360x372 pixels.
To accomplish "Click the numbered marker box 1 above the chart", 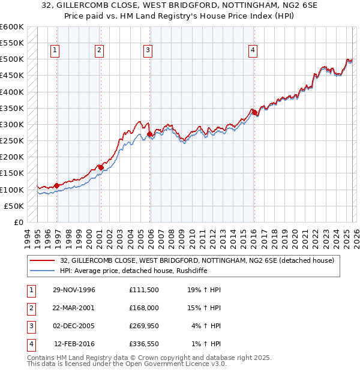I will [x=55, y=51].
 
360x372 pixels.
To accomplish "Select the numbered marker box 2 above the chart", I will [x=99, y=51].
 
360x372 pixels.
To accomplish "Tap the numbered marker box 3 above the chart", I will [x=148, y=51].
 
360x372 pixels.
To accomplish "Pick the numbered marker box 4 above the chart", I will [x=253, y=51].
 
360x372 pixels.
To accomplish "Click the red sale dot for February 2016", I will [x=254, y=112].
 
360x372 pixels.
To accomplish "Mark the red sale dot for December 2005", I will [x=149, y=134].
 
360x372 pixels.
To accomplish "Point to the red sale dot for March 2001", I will [x=100, y=167].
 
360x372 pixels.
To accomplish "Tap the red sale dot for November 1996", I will [x=56, y=185].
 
